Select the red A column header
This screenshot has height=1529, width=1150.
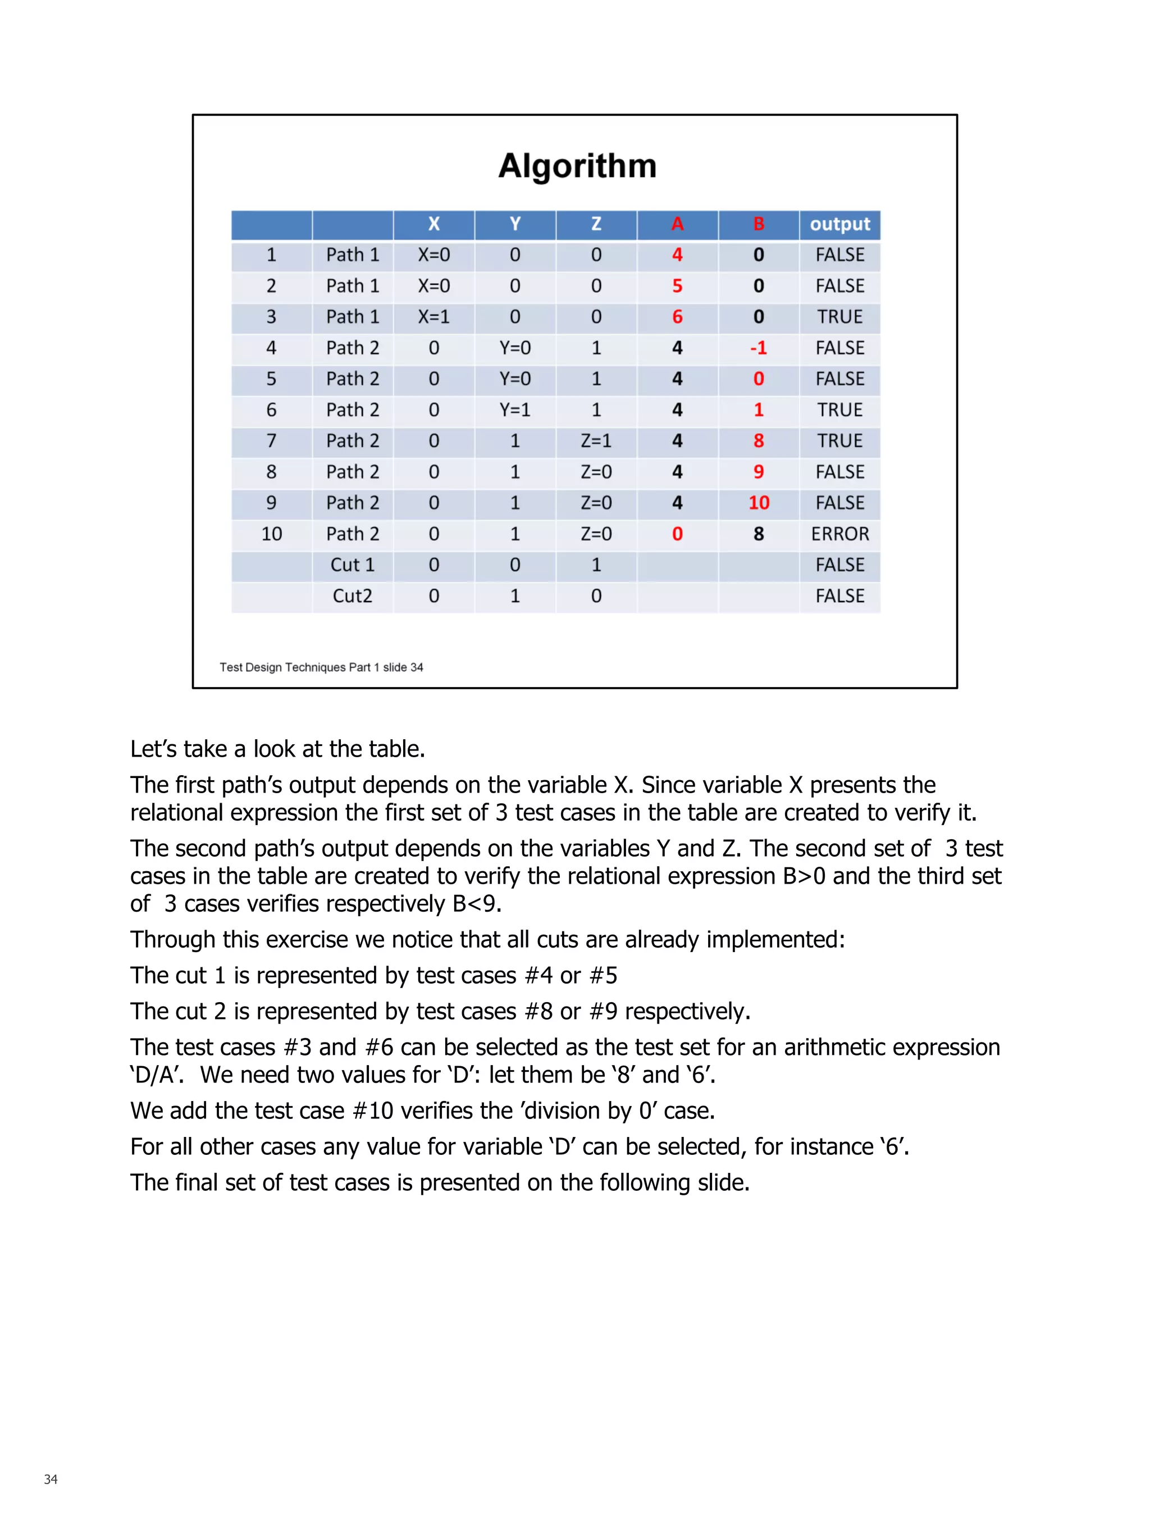pyautogui.click(x=677, y=224)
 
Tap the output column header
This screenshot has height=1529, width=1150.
pyautogui.click(x=839, y=224)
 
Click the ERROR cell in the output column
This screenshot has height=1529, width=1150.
pyautogui.click(x=839, y=534)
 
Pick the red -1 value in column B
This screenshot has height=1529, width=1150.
pyautogui.click(x=758, y=348)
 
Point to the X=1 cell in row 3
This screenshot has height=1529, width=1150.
pyautogui.click(x=433, y=317)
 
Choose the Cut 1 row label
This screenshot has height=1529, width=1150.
pyautogui.click(x=353, y=565)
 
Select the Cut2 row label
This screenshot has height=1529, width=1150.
pyautogui.click(x=353, y=596)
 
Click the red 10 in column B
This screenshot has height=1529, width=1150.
pyautogui.click(x=758, y=503)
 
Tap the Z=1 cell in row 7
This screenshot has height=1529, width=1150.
pyautogui.click(x=596, y=440)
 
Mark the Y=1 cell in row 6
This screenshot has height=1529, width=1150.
pyautogui.click(x=515, y=410)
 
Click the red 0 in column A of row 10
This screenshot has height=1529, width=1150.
pyautogui.click(x=677, y=534)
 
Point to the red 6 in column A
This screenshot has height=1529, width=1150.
pyautogui.click(x=677, y=317)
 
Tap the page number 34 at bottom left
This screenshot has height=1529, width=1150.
pyautogui.click(x=51, y=1479)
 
